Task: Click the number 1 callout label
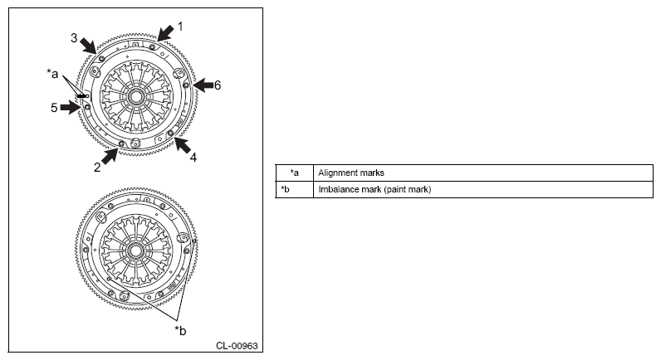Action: pyautogui.click(x=180, y=27)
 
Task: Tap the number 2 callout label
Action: pyautogui.click(x=97, y=168)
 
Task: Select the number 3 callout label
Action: pyautogui.click(x=74, y=38)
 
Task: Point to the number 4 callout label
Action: pyautogui.click(x=193, y=158)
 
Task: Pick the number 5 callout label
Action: pyautogui.click(x=54, y=108)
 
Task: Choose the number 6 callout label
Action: pyautogui.click(x=218, y=85)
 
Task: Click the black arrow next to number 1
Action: pyautogui.click(x=165, y=33)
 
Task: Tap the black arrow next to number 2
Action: pyautogui.click(x=109, y=156)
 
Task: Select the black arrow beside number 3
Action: pyautogui.click(x=89, y=46)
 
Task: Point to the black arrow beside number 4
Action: pyautogui.click(x=183, y=145)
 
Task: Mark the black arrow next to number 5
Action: pyautogui.click(x=70, y=107)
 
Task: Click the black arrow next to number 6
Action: pyautogui.click(x=203, y=85)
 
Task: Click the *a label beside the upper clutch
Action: pyautogui.click(x=52, y=74)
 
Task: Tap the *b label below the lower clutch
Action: pyautogui.click(x=180, y=331)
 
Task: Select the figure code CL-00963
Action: pyautogui.click(x=237, y=346)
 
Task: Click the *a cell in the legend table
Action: pyautogui.click(x=294, y=173)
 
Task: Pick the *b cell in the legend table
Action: pyautogui.click(x=294, y=189)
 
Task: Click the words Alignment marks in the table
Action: pyautogui.click(x=351, y=173)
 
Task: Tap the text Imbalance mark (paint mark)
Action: pyautogui.click(x=375, y=189)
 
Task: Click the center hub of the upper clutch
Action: pyautogui.click(x=135, y=97)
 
